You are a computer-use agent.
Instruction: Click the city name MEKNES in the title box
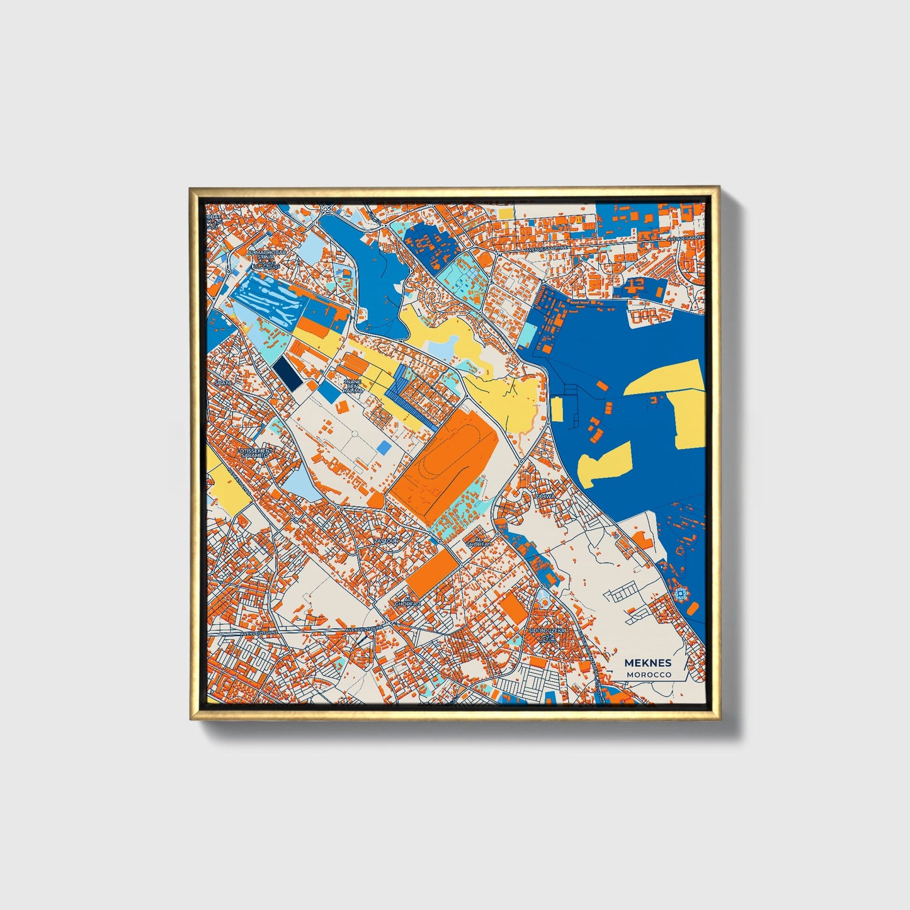(647, 663)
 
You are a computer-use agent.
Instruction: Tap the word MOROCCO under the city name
(649, 674)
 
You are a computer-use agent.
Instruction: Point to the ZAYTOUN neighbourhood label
(386, 540)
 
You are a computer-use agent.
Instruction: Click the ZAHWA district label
(545, 496)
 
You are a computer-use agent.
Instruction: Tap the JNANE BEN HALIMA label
(353, 386)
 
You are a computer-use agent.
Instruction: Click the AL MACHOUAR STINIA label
(266, 255)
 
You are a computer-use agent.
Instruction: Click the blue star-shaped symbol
(680, 594)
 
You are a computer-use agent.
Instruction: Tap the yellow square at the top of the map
(506, 214)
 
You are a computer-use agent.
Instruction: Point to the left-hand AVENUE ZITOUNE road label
(259, 632)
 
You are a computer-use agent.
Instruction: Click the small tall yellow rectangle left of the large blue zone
(557, 409)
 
